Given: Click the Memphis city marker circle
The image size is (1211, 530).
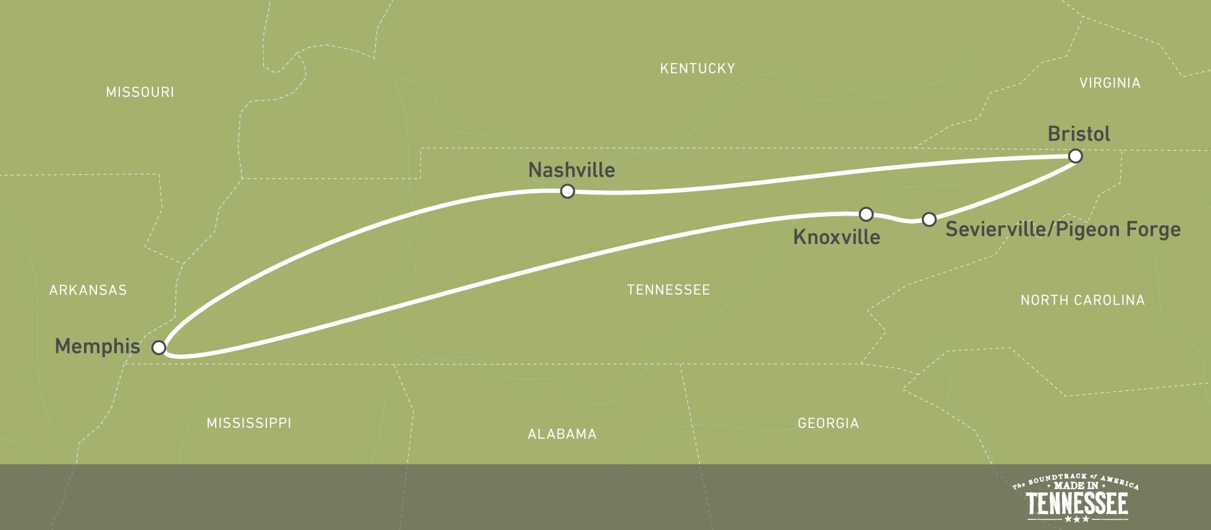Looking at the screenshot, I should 159,347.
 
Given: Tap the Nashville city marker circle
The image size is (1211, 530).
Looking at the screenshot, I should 567,191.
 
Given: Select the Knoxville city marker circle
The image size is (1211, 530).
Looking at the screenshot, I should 866,214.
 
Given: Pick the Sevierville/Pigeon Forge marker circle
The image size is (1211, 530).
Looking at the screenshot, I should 929,219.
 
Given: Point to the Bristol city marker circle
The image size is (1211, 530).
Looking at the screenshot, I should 1075,156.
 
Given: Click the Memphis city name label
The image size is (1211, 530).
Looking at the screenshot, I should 98,347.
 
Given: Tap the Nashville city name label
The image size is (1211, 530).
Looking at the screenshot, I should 572,170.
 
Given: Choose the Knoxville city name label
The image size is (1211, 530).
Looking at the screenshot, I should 836,237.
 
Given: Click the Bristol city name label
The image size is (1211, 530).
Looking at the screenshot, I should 1079,134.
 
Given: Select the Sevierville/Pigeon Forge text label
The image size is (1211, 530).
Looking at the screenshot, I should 1063,230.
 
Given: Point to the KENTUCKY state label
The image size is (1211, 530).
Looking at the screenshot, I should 697,69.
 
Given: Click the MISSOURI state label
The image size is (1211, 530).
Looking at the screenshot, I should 140,93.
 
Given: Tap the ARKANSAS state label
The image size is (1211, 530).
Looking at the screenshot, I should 88,290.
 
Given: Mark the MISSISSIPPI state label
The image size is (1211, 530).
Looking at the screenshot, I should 248,423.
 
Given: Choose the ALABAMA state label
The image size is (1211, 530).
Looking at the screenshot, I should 562,434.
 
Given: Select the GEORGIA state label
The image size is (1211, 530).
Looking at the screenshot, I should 828,423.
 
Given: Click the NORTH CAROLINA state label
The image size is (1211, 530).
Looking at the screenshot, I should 1082,300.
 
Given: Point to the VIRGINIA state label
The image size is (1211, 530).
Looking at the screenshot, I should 1110,83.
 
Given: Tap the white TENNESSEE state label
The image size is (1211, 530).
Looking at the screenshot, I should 668,290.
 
